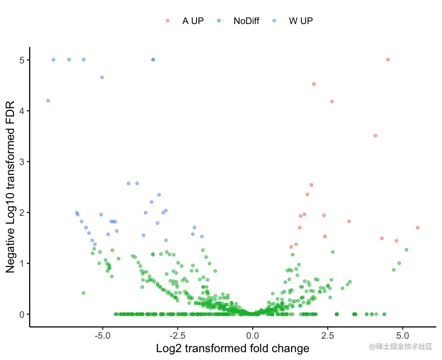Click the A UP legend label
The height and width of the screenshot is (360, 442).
pos(193,21)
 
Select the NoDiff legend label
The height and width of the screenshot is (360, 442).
pos(246,21)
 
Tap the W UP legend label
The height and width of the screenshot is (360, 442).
pos(301,21)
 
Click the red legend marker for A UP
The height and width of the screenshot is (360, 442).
pos(168,20)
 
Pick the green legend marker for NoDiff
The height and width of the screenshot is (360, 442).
pos(219,20)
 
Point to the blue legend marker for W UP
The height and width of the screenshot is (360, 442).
pos(275,20)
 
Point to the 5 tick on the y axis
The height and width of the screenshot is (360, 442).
pos(22,60)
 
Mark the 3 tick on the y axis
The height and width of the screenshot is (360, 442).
pos(22,161)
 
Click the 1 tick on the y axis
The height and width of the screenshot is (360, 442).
pos(22,263)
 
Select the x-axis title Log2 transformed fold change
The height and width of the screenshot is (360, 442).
pos(232,349)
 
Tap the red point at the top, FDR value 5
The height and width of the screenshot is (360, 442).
pos(388,59)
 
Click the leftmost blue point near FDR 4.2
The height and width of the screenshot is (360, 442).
pos(48,100)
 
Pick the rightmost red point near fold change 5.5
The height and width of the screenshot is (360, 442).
pos(418,227)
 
